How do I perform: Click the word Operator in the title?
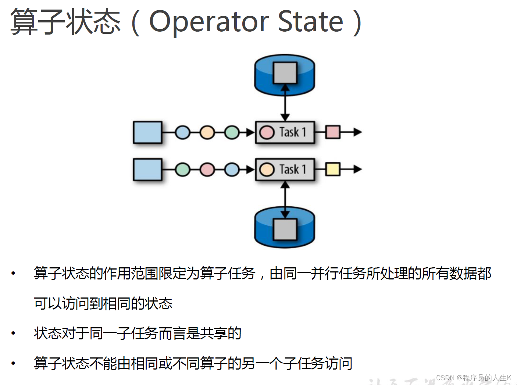click(x=209, y=21)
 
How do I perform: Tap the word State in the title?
click(x=310, y=21)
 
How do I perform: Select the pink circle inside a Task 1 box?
click(x=267, y=132)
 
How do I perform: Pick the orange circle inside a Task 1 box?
click(x=267, y=170)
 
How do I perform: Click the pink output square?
click(x=333, y=132)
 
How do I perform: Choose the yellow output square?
click(x=333, y=169)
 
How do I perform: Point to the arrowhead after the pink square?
click(x=357, y=132)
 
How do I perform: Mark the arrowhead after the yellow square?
click(x=357, y=169)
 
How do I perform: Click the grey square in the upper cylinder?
click(x=285, y=73)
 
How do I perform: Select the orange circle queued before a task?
click(x=207, y=132)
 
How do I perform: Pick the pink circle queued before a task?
click(x=207, y=170)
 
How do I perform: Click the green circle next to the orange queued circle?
click(x=232, y=132)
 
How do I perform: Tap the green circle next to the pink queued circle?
click(x=182, y=170)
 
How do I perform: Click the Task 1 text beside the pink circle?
click(x=293, y=132)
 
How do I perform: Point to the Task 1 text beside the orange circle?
click(x=293, y=169)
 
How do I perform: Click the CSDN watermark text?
click(x=474, y=378)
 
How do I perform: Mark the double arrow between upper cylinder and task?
click(x=285, y=103)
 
